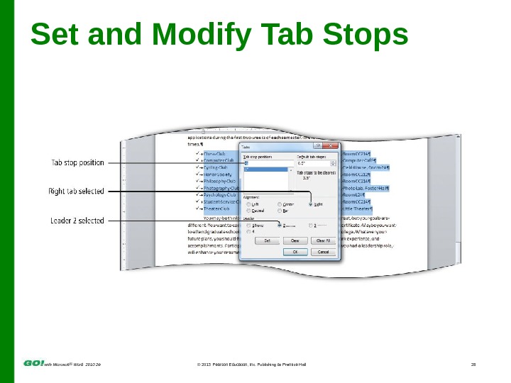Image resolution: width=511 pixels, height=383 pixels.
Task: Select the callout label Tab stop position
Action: (77, 162)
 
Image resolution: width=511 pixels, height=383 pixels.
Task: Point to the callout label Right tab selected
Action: (76, 191)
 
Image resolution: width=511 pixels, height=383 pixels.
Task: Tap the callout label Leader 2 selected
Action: (77, 221)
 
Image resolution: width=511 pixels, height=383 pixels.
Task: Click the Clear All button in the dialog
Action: (323, 240)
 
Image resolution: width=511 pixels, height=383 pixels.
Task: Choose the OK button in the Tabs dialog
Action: (295, 251)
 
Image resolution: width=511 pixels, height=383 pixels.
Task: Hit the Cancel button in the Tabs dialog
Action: (323, 251)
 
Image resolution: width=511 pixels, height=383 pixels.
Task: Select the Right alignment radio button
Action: (311, 204)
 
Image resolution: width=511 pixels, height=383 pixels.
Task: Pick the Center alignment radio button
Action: (280, 204)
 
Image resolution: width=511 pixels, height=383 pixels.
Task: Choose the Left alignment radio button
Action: (248, 204)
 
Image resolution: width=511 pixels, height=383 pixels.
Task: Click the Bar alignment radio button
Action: (280, 211)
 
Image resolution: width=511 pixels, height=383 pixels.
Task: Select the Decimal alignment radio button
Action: (248, 211)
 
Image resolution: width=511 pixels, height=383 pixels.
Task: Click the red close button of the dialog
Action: (332, 147)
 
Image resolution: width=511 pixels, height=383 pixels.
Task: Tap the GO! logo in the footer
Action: (34, 362)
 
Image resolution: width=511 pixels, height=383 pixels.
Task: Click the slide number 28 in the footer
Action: (473, 365)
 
